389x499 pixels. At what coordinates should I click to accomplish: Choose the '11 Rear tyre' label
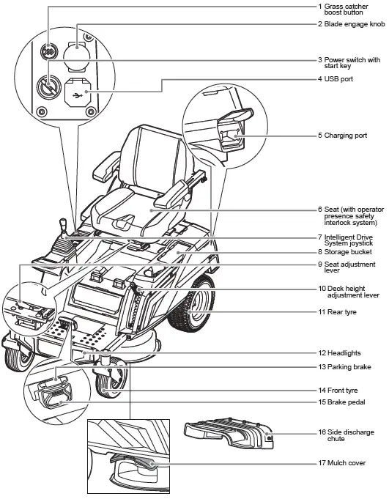[x=341, y=312]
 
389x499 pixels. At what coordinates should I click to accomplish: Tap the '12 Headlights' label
[x=344, y=353]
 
